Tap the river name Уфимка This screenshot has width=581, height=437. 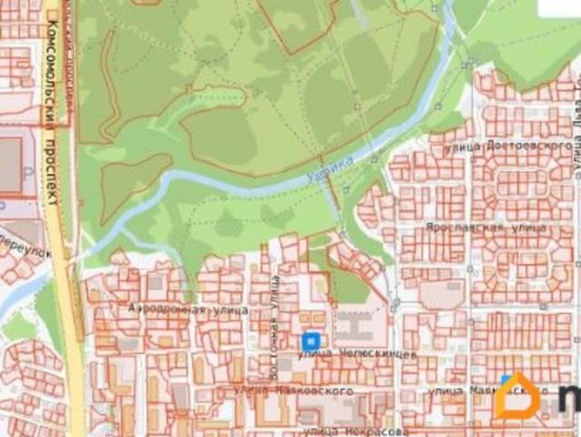click(x=329, y=169)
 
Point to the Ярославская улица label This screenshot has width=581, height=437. click(x=486, y=225)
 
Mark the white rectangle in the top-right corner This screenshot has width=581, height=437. click(x=558, y=8)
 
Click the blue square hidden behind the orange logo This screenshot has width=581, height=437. click(x=506, y=380)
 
